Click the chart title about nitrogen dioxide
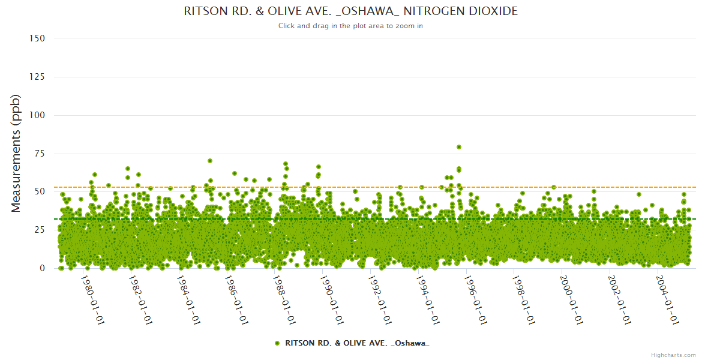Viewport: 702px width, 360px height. pos(351,11)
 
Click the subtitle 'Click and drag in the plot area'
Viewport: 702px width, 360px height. pos(351,26)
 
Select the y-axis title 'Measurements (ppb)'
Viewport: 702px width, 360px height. pos(16,153)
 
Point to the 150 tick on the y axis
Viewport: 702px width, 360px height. pos(37,38)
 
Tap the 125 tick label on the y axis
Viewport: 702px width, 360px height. pos(37,77)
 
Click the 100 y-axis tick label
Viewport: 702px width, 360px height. pos(37,115)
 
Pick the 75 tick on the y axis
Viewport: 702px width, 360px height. pos(39,154)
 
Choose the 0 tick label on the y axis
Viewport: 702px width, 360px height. pos(41,268)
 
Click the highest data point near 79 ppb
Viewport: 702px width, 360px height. pos(459,147)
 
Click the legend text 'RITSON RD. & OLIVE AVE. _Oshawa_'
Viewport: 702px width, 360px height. pos(357,343)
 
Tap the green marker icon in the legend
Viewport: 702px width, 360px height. pos(277,343)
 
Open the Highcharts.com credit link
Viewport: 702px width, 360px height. pos(673,355)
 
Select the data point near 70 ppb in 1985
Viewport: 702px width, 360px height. pos(210,161)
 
